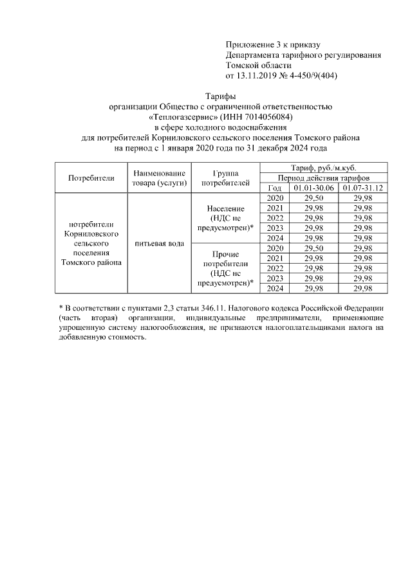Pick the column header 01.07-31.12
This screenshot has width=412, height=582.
(362, 187)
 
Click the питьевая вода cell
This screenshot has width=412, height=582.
(159, 244)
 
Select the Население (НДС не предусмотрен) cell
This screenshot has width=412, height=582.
(225, 219)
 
